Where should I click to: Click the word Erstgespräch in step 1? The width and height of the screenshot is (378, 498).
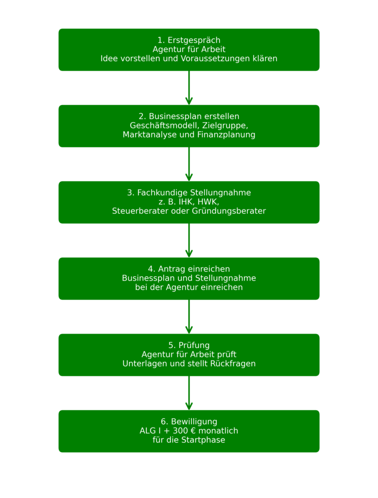coord(194,40)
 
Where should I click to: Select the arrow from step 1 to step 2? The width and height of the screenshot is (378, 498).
coord(189,88)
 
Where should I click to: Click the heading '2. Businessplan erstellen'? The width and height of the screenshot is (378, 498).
coord(189,116)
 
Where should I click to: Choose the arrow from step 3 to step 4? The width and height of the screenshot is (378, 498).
coord(189,240)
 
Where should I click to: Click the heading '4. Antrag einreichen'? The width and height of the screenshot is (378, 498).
coord(189,269)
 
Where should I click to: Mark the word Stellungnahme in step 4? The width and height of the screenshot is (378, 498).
coord(225,278)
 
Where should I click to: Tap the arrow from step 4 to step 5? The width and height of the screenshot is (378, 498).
coord(189,317)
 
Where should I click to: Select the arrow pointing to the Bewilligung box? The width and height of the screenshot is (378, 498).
coord(189,393)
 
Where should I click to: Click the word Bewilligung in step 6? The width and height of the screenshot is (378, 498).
coord(194,422)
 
